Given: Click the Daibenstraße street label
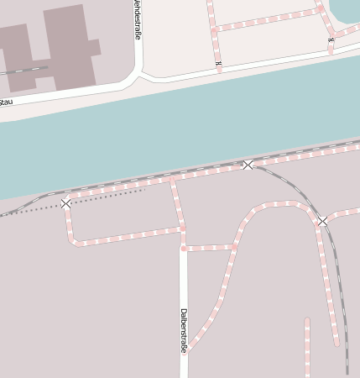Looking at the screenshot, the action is click(x=183, y=331).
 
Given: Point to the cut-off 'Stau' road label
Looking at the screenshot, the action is click(x=6, y=102).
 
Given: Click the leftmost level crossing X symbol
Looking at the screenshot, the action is click(x=66, y=203).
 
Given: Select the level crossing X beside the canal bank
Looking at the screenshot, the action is click(x=248, y=165).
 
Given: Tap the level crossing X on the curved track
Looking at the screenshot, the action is click(x=322, y=221).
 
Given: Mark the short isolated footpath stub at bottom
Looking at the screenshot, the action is click(x=307, y=344).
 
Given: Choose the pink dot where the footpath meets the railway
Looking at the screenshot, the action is click(x=172, y=179).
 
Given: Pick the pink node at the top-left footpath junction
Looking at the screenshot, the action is click(x=214, y=29).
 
